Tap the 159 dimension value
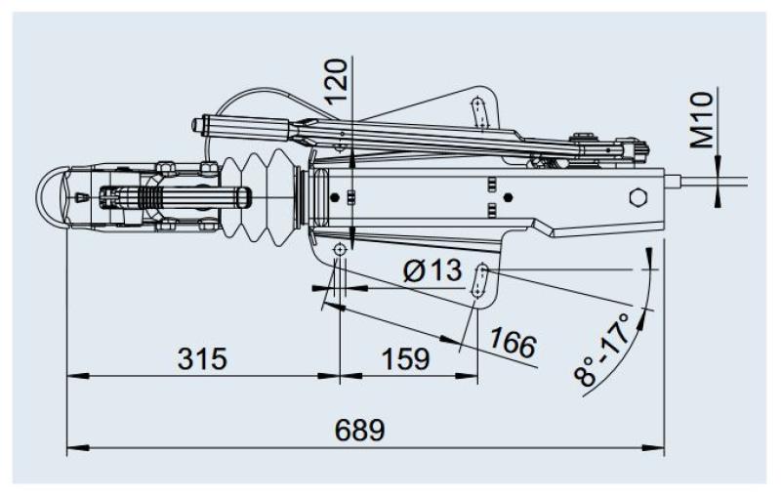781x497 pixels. click(x=403, y=358)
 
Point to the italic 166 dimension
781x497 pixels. click(x=514, y=344)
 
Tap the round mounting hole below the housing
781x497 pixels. click(x=339, y=251)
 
